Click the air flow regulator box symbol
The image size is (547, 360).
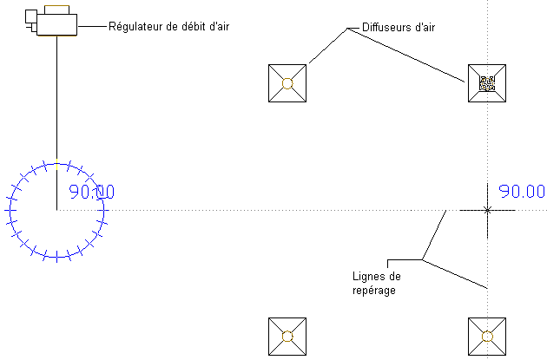click(54, 22)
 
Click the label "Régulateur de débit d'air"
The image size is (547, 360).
click(168, 26)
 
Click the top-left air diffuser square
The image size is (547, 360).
click(288, 83)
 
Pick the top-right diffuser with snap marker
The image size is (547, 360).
click(487, 83)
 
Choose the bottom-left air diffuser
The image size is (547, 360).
click(288, 337)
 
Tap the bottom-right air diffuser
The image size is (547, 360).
click(487, 337)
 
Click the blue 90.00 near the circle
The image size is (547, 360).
click(91, 193)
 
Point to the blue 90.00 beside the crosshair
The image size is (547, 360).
click(521, 192)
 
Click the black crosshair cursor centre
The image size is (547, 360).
click(487, 210)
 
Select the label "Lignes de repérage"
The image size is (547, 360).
click(376, 284)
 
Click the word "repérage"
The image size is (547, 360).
click(374, 291)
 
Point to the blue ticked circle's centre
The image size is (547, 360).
click(56, 210)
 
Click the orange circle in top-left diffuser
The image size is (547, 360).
click(288, 83)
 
